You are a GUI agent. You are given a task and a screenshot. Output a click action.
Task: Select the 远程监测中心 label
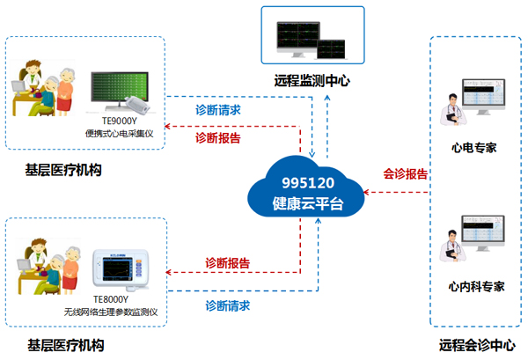(312, 80)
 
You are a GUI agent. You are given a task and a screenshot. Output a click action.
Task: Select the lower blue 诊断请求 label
(227, 305)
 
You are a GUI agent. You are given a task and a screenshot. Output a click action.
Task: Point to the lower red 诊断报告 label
(227, 262)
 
